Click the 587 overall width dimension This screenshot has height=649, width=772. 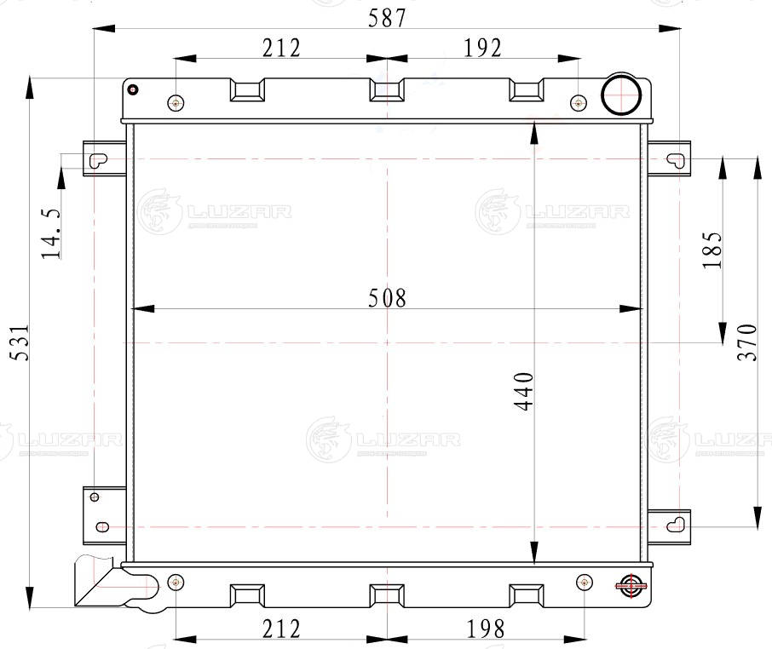click(x=387, y=18)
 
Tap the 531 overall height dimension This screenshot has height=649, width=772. click(x=20, y=342)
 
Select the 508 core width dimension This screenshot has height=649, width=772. click(x=388, y=298)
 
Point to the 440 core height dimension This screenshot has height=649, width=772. click(x=524, y=391)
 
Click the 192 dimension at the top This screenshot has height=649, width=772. click(x=482, y=49)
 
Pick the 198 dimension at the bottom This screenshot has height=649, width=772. click(x=485, y=629)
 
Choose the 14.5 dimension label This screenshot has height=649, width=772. click(x=51, y=233)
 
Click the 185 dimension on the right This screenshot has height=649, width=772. click(x=712, y=250)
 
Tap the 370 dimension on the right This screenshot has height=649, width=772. click(x=747, y=342)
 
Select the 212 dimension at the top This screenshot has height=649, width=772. click(x=281, y=49)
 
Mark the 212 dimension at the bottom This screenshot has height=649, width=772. click(x=281, y=629)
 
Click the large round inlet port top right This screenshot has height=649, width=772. click(x=621, y=94)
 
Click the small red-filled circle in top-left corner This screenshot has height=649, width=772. click(x=132, y=89)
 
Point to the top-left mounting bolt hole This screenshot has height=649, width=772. click(x=176, y=103)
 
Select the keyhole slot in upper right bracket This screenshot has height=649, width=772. click(x=676, y=159)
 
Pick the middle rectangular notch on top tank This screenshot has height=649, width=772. click(x=387, y=89)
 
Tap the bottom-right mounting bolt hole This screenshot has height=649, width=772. click(x=584, y=583)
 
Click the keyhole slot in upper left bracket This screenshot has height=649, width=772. click(x=98, y=159)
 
